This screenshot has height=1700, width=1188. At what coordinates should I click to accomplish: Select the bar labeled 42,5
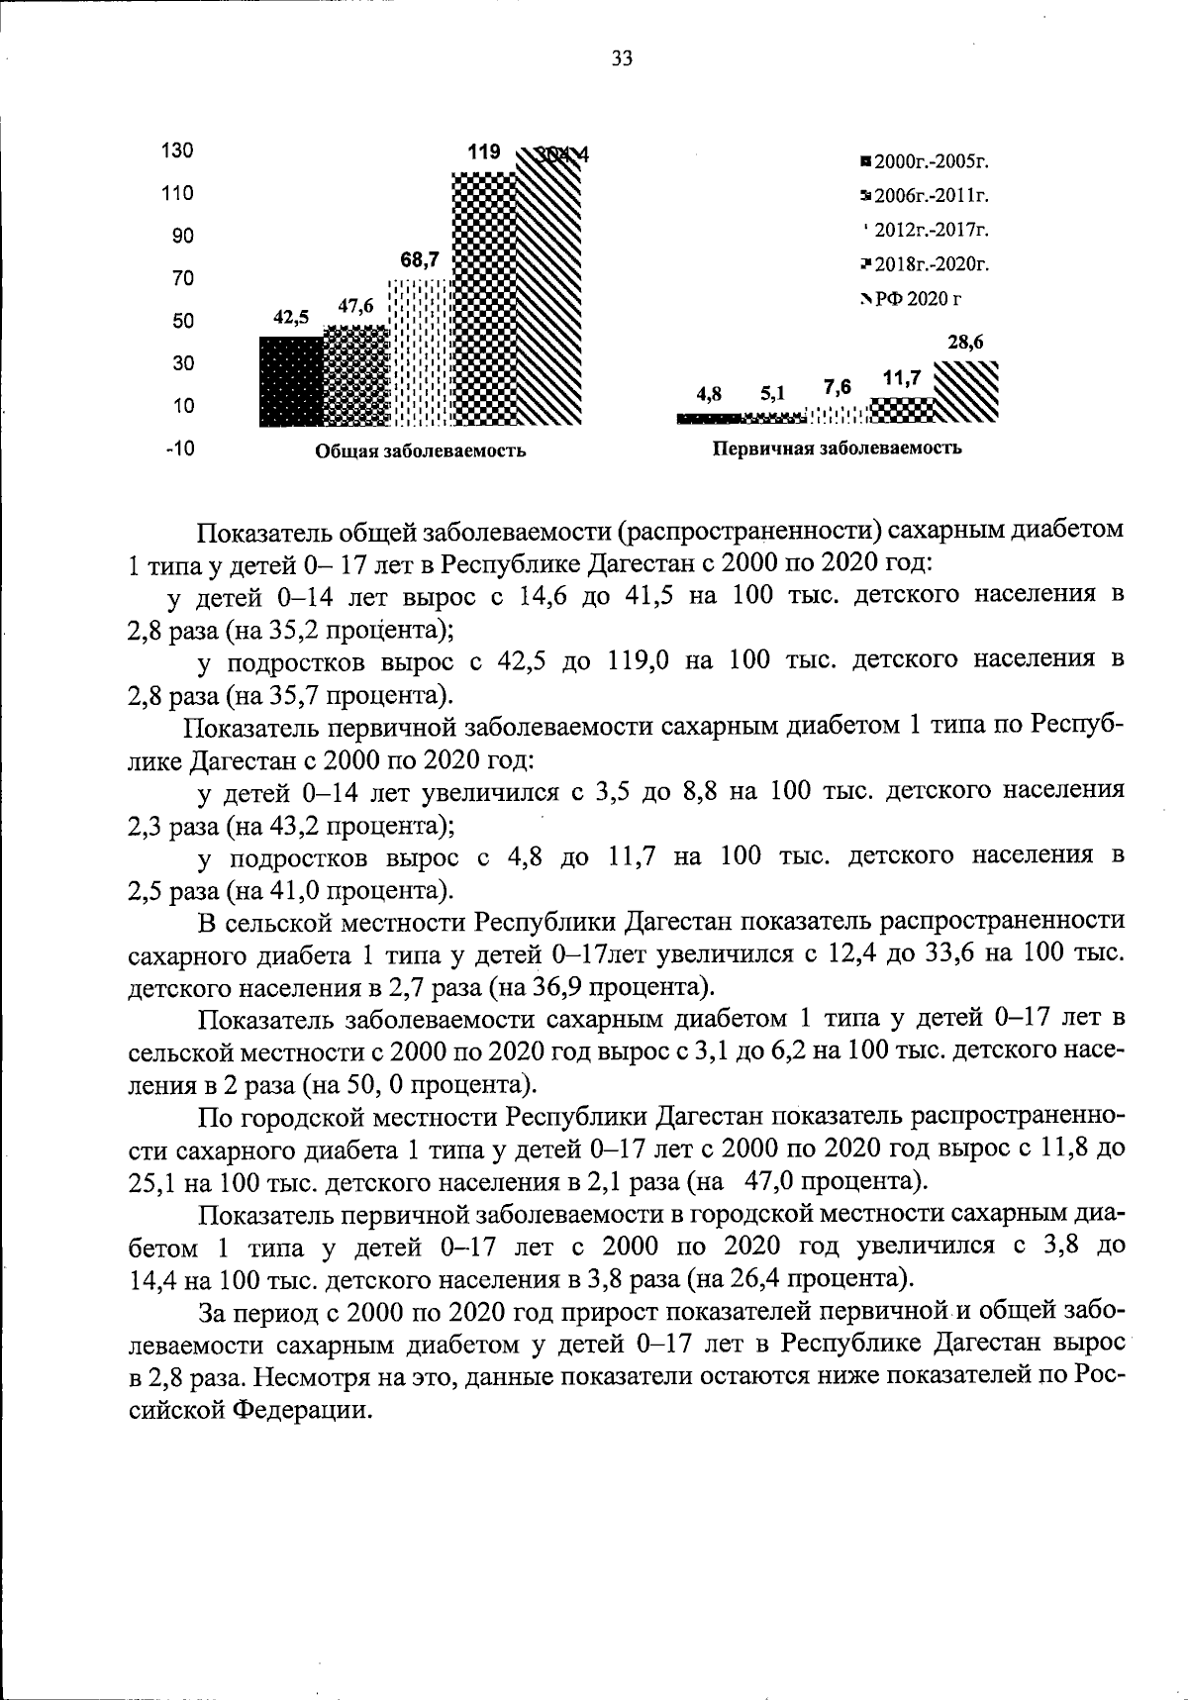tap(291, 381)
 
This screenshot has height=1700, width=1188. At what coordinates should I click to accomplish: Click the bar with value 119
tap(484, 297)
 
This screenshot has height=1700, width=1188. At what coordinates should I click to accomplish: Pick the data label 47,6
tap(355, 306)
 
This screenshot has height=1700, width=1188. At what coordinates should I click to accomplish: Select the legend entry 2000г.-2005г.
tap(927, 161)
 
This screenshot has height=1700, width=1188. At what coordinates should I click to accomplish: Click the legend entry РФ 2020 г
tap(912, 298)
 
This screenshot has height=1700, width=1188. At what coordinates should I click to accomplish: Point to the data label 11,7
tap(902, 378)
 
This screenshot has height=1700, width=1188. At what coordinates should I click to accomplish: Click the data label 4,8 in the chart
tap(708, 393)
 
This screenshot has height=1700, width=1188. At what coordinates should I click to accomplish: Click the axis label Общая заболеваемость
tap(420, 451)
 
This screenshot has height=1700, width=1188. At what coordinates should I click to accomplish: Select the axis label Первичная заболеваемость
tap(837, 448)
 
